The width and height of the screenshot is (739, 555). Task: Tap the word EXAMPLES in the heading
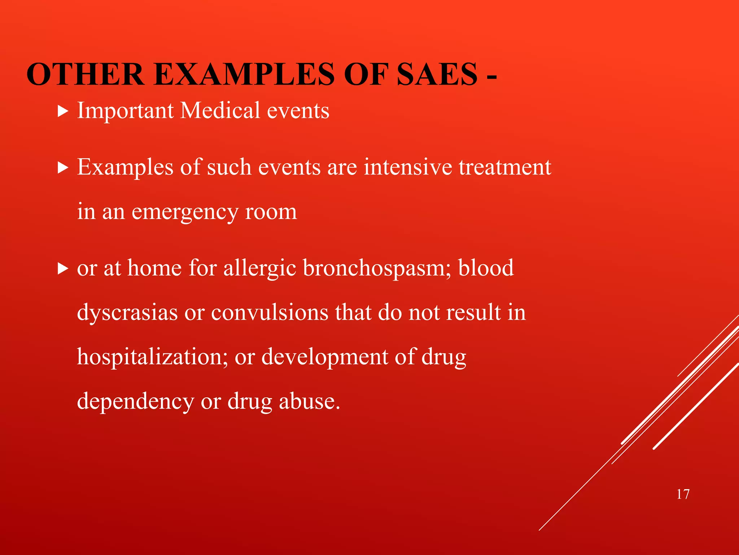pos(244,74)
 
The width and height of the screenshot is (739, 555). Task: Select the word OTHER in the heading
pos(85,74)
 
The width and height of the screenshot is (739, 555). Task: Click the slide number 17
pos(683,494)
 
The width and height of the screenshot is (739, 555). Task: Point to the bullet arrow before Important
pos(63,111)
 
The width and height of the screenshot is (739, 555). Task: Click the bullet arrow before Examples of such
pos(63,168)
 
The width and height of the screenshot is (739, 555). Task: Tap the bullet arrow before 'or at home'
pos(63,269)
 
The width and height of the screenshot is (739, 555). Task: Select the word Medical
pos(220,110)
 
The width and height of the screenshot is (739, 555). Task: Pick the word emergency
pos(185,212)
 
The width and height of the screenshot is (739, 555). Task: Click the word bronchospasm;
pos(377,268)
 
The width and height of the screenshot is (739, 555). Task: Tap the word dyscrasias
pos(127,313)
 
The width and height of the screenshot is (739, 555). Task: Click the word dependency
pos(135,402)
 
